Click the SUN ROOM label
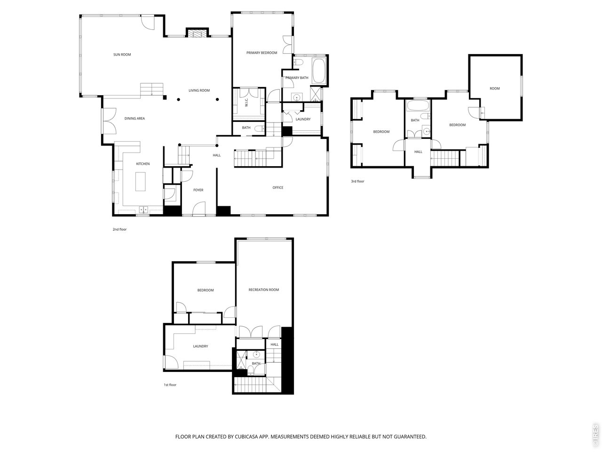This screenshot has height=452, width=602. pyautogui.click(x=122, y=55)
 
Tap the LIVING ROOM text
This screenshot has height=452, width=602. pyautogui.click(x=199, y=90)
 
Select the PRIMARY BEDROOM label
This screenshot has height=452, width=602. pyautogui.click(x=261, y=53)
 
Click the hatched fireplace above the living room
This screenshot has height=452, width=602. pyautogui.click(x=197, y=33)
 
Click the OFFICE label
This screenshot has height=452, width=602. pyautogui.click(x=278, y=188)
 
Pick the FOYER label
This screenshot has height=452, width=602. pyautogui.click(x=198, y=190)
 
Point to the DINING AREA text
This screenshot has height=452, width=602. pyautogui.click(x=135, y=119)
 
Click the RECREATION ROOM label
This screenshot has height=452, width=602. pyautogui.click(x=264, y=290)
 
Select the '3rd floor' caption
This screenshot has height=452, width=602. pyautogui.click(x=357, y=181)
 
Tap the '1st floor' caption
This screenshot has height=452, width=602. pyautogui.click(x=170, y=385)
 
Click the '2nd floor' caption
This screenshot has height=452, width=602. pyautogui.click(x=119, y=230)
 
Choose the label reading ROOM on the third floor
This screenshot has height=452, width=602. pyautogui.click(x=494, y=89)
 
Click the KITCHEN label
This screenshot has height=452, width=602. pyautogui.click(x=143, y=164)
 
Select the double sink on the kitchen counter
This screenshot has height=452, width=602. pyautogui.click(x=143, y=209)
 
